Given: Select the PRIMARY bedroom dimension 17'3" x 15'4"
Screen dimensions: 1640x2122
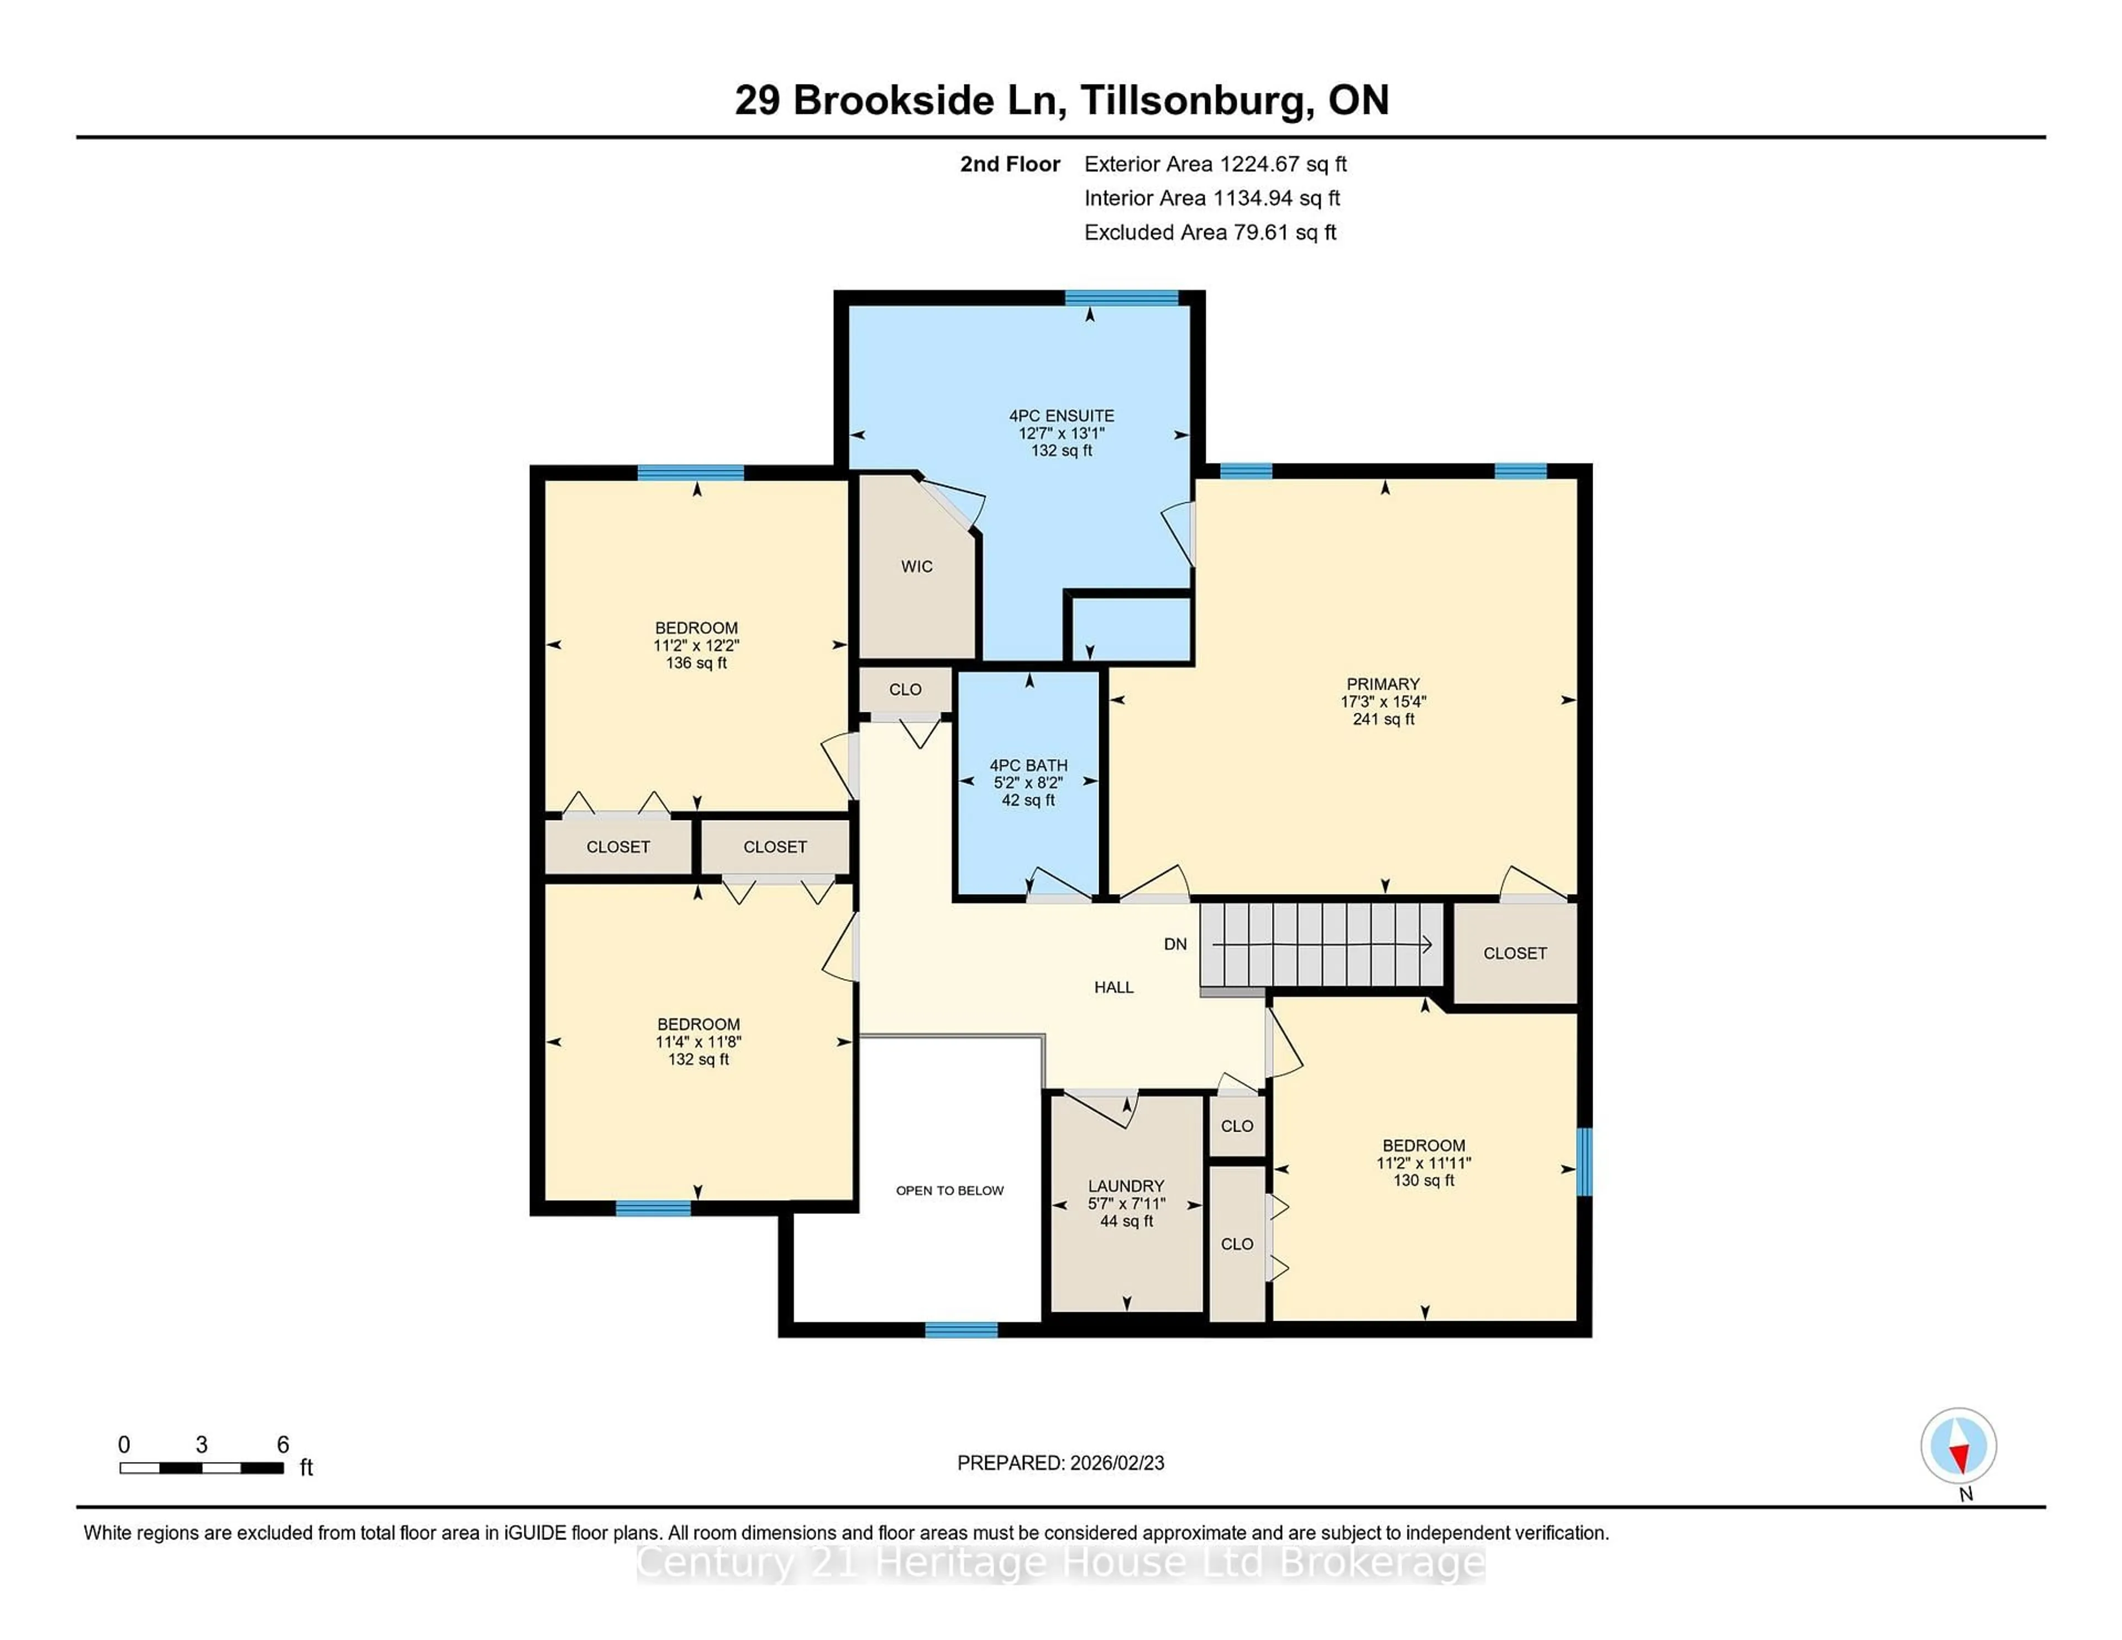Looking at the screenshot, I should click(x=1383, y=701).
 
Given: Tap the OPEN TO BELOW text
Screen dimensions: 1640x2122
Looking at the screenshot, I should click(x=949, y=1190).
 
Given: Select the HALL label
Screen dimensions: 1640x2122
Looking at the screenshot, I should click(x=1113, y=987).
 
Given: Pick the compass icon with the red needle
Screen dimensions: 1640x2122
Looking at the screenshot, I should click(x=1958, y=1445).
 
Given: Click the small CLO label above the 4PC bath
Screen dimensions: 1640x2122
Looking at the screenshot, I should click(x=905, y=690).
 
